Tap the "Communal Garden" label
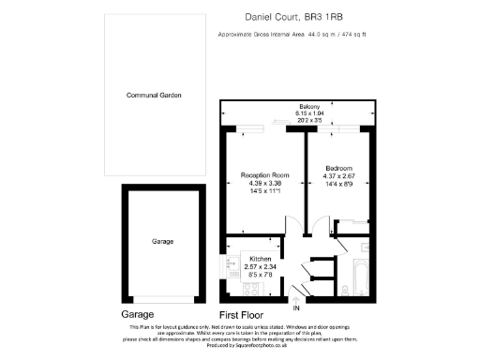(154, 96)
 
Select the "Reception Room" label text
(263, 175)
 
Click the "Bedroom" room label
(339, 167)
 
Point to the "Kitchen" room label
(259, 258)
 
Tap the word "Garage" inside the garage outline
(163, 241)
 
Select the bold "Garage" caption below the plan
(138, 315)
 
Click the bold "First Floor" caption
(241, 315)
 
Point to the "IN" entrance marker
(297, 307)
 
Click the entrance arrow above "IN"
(297, 298)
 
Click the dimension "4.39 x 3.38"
(263, 184)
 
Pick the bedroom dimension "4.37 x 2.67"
(339, 175)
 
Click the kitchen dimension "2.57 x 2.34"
(259, 266)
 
